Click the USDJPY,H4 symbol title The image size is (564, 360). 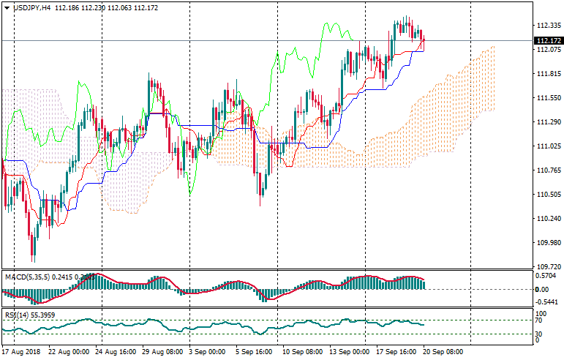[x=36, y=6]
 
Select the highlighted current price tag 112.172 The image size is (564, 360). [x=548, y=40]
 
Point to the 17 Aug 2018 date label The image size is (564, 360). [x=23, y=352]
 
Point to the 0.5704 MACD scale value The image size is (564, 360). [x=546, y=276]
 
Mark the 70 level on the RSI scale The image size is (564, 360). [x=539, y=320]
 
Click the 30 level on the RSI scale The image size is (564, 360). [x=539, y=334]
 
